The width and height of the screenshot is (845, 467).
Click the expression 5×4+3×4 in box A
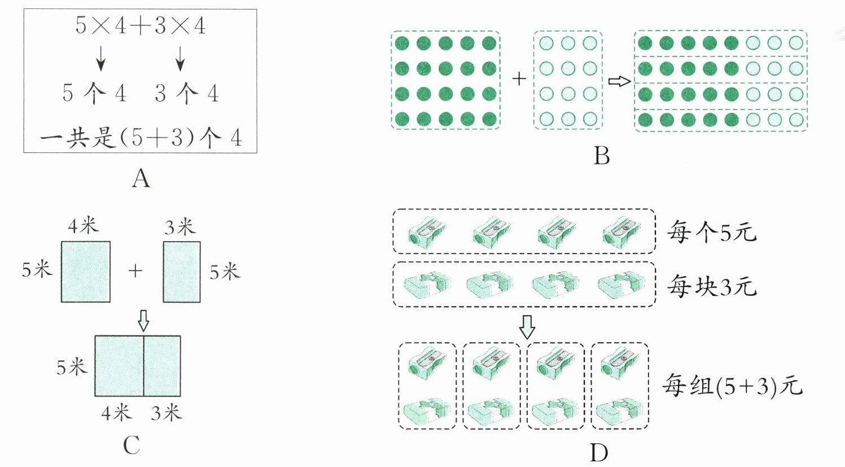pos(141,26)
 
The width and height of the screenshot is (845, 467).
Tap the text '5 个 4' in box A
pos(94,93)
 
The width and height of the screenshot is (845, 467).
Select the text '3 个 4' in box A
pos(186,93)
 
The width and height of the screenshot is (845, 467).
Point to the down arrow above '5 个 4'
pos(100,59)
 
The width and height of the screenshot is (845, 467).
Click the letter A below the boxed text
pos(141,179)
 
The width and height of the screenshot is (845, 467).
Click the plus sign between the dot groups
pos(519,79)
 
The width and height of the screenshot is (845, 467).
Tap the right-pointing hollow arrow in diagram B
pos(619,81)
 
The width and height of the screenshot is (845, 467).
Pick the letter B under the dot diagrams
pos(602,156)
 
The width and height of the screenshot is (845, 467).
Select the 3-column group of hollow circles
pos(568,81)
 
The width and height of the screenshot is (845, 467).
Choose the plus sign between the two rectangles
pos(135,271)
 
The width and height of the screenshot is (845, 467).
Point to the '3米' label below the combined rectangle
pos(166,413)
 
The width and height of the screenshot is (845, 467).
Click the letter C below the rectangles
pos(132,446)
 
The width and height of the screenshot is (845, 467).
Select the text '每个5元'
pos(711,232)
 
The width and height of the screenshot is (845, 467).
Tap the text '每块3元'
pos(711,287)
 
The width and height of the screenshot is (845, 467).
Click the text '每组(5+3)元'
pos(732,386)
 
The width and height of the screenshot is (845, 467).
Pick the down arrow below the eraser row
pos(527,326)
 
